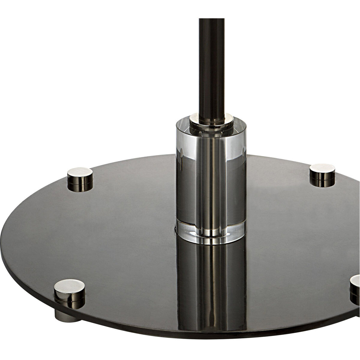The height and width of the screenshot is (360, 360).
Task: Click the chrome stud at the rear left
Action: tap(80, 176)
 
